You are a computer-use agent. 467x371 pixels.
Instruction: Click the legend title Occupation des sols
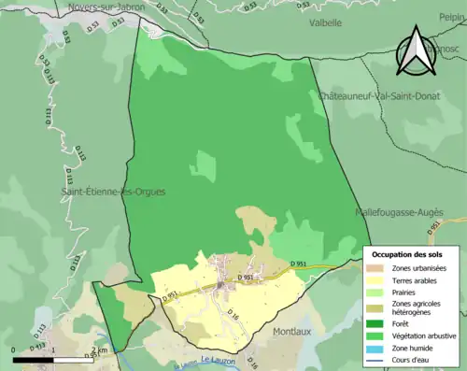408,254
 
